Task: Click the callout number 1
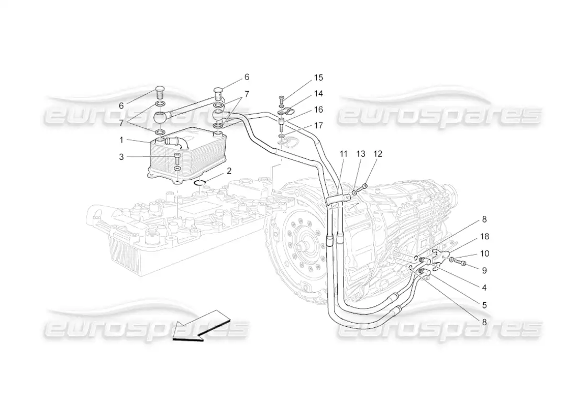pyautogui.click(x=121, y=140)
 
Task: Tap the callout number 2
pyautogui.click(x=229, y=171)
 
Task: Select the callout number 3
pyautogui.click(x=121, y=157)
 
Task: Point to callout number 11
pyautogui.click(x=343, y=154)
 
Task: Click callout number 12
pyautogui.click(x=378, y=154)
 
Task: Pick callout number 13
pyautogui.click(x=361, y=154)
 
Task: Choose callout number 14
pyautogui.click(x=318, y=94)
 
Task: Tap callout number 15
pyautogui.click(x=318, y=78)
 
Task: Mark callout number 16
pyautogui.click(x=318, y=109)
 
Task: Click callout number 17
pyautogui.click(x=318, y=126)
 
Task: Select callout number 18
pyautogui.click(x=484, y=237)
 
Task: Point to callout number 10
pyautogui.click(x=484, y=253)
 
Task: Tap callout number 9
pyautogui.click(x=484, y=270)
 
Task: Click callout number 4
pyautogui.click(x=484, y=288)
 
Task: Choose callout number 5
pyautogui.click(x=484, y=305)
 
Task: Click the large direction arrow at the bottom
pyautogui.click(x=201, y=326)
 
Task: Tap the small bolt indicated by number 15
pyautogui.click(x=281, y=98)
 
